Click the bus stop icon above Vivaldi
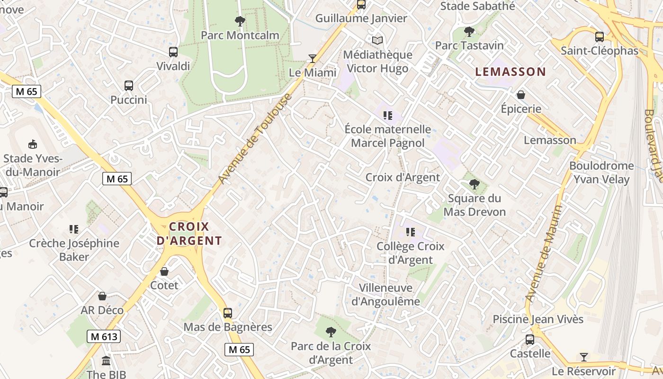point(173,52)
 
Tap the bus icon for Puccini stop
point(129,86)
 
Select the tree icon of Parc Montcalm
point(240,21)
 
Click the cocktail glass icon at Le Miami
point(312,58)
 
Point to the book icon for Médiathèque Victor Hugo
point(377,41)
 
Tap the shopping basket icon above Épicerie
point(521,95)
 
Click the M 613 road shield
point(104,337)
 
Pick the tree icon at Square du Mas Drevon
point(474,184)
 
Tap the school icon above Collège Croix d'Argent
point(411,232)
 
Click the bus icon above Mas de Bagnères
point(228,313)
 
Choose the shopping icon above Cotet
point(164,271)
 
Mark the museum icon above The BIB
point(106,361)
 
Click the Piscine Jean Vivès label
point(538,319)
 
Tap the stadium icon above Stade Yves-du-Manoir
point(32,144)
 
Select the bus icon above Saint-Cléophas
point(600,36)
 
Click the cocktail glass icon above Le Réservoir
point(584,357)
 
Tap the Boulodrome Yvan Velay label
point(601,172)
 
